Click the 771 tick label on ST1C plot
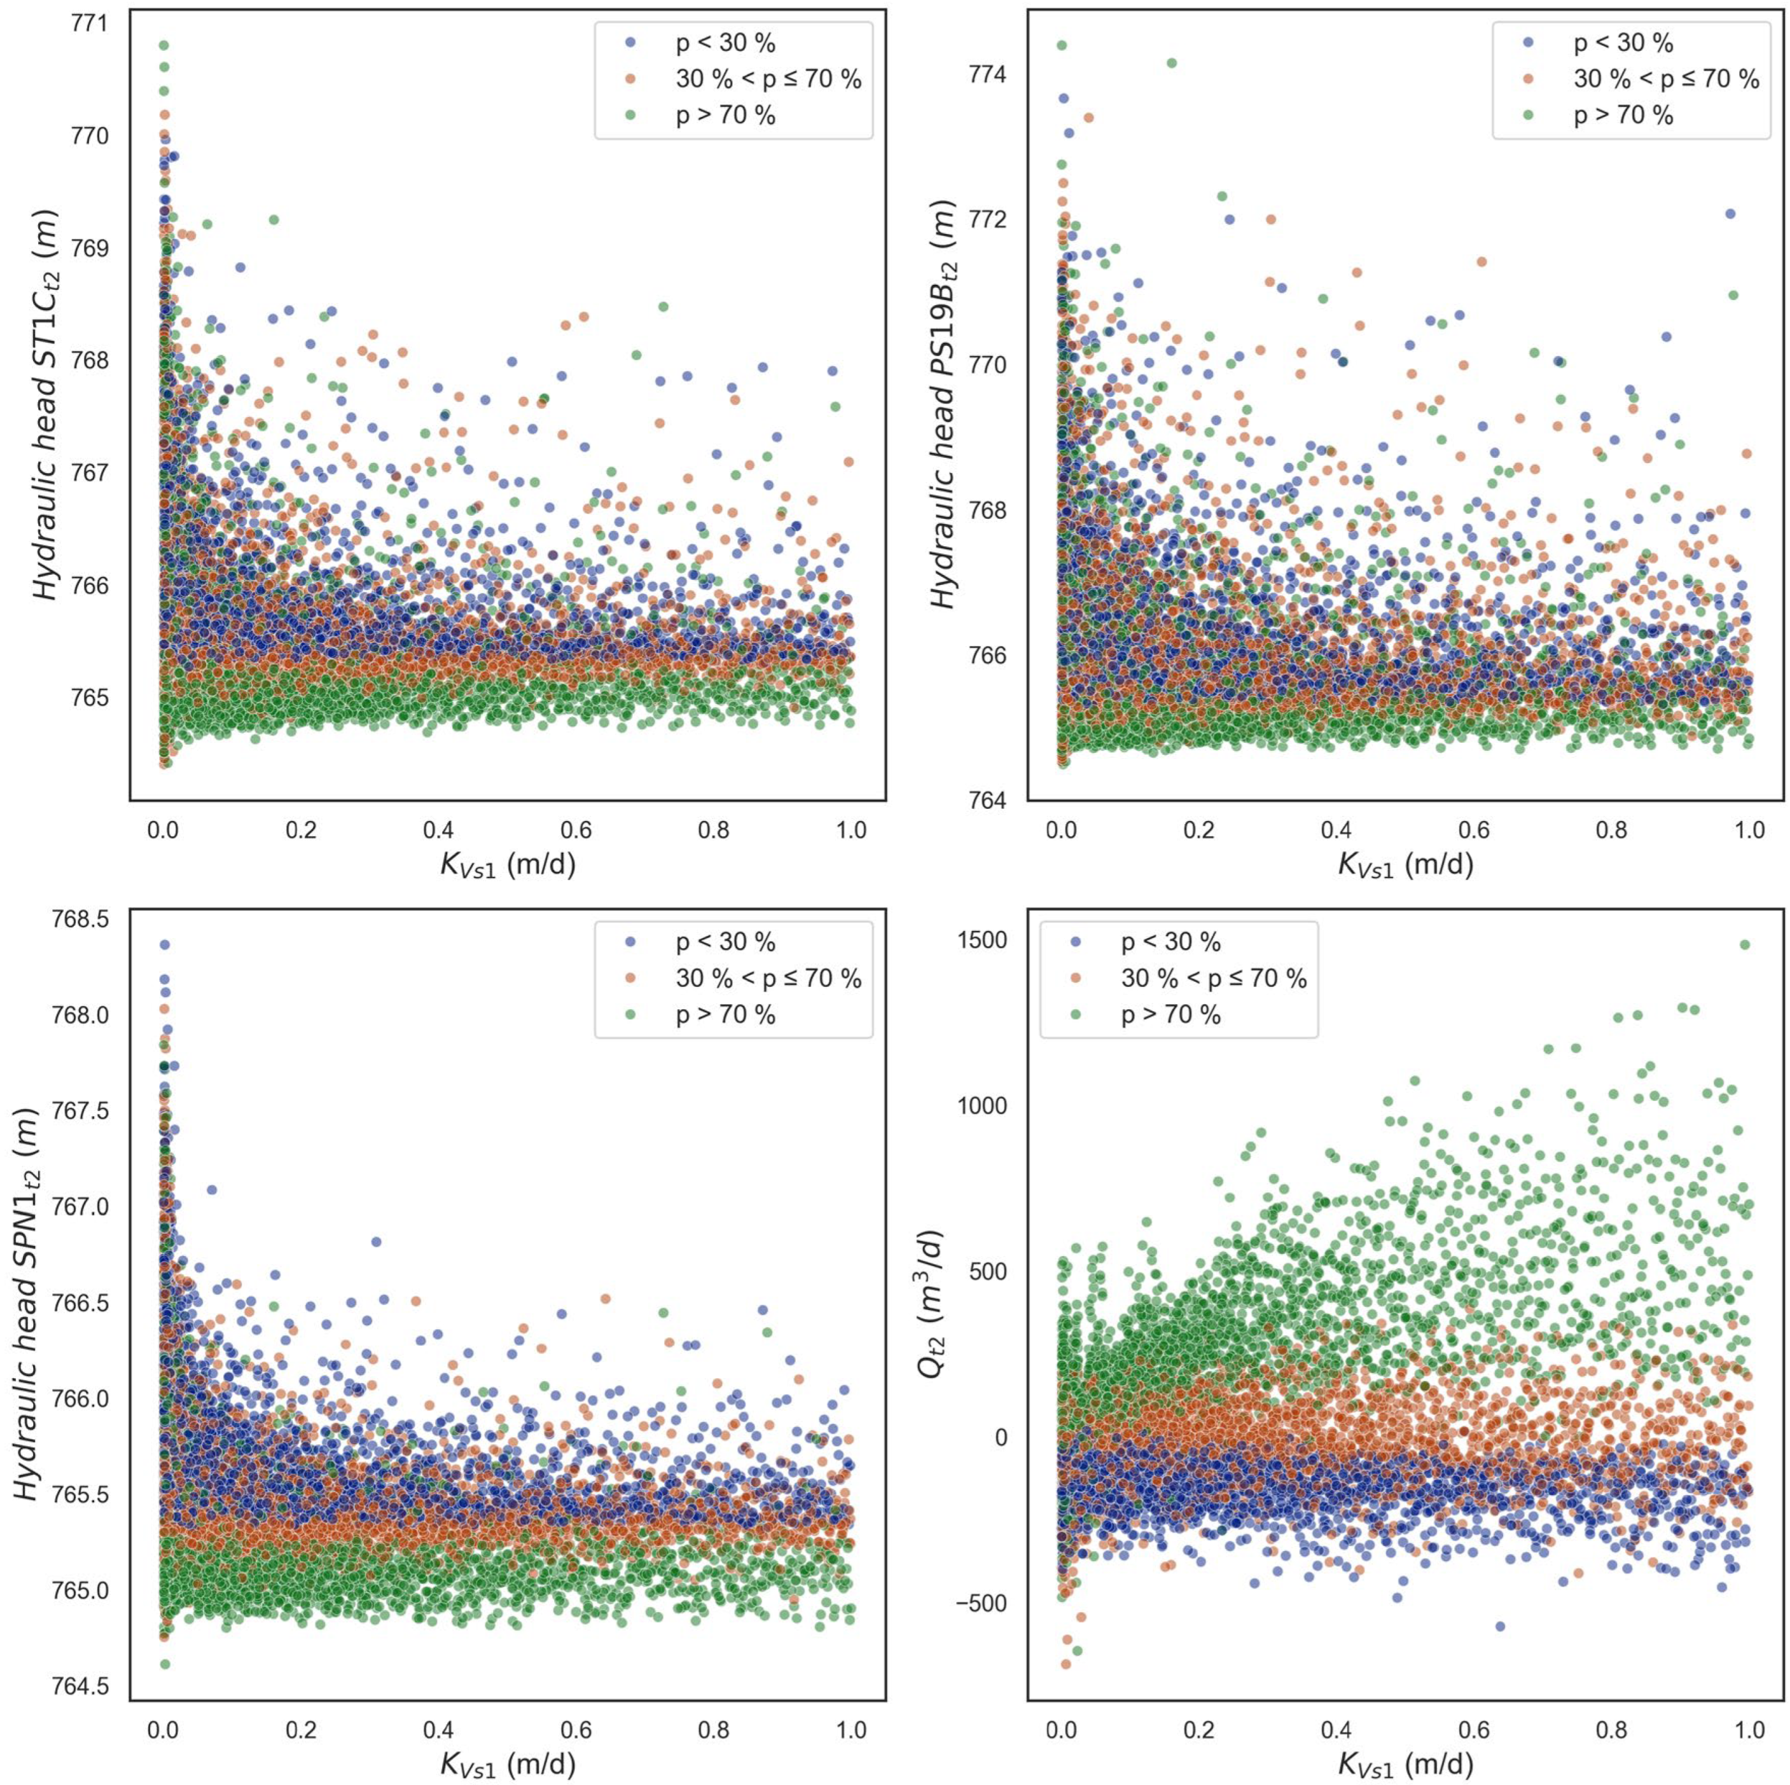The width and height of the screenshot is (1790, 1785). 89,23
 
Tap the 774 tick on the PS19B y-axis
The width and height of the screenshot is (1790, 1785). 988,75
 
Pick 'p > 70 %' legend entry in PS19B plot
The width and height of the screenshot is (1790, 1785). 1623,115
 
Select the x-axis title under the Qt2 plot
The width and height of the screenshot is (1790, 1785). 1406,1763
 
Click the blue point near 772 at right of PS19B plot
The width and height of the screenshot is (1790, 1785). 1730,214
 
